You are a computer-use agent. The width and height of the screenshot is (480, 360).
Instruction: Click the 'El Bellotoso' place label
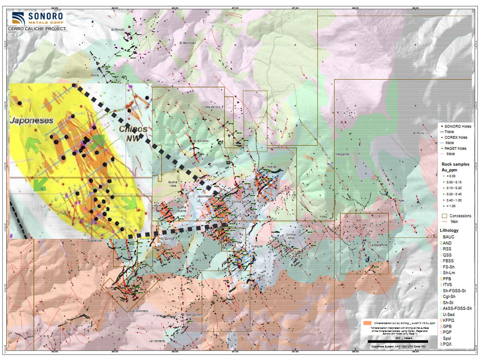[188, 43]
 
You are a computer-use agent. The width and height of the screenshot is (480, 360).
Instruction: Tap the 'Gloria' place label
[95, 75]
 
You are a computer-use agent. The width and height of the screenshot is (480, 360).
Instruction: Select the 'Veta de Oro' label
[214, 107]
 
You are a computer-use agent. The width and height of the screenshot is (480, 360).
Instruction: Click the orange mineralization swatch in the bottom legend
[367, 323]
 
